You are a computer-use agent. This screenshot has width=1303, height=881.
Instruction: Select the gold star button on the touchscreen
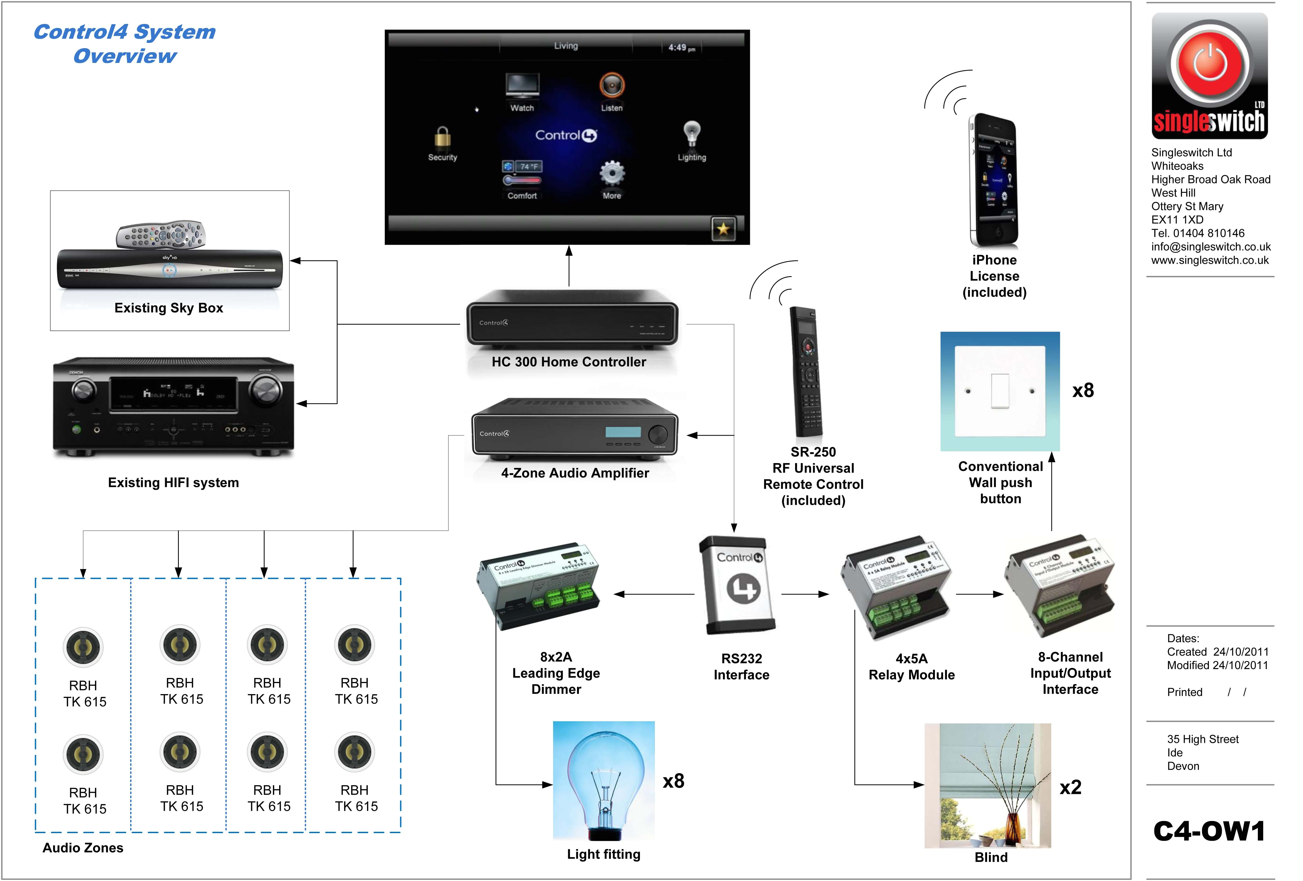pyautogui.click(x=723, y=229)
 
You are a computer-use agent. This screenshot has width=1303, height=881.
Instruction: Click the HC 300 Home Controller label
pyautogui.click(x=568, y=362)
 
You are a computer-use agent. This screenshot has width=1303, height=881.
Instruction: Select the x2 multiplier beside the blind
pyautogui.click(x=1070, y=787)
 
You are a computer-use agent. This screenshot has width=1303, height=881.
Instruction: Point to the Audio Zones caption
pyautogui.click(x=83, y=847)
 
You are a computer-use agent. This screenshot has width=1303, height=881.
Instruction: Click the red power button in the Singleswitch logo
pyautogui.click(x=1210, y=63)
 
